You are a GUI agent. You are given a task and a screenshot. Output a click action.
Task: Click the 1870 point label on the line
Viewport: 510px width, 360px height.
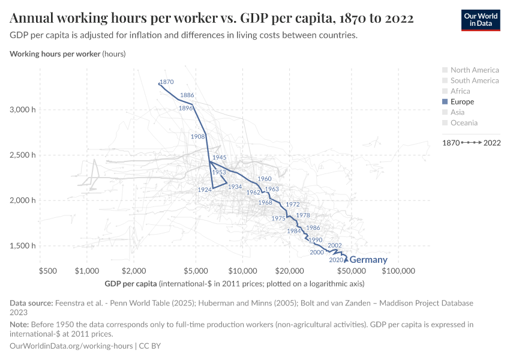coord(167,82)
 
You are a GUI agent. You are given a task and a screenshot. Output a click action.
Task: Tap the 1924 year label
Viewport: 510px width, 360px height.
coord(204,190)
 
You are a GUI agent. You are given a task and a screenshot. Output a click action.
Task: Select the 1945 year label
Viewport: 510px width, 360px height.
coord(219,157)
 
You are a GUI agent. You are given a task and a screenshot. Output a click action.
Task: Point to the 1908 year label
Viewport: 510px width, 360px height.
coord(197,137)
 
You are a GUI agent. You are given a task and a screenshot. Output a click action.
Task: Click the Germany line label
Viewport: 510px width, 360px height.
coord(368,260)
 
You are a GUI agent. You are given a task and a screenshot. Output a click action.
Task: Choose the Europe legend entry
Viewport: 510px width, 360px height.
coord(462,101)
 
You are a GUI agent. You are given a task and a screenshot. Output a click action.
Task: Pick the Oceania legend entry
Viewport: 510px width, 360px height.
coord(464,123)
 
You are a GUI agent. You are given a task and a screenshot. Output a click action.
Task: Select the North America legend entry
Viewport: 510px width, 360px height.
coord(474,70)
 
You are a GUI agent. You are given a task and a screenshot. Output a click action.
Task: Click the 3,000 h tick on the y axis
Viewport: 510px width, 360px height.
coord(23,110)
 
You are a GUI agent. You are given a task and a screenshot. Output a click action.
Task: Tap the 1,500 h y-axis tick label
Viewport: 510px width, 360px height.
coord(23,245)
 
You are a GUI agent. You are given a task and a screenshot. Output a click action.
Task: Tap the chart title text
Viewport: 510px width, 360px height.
coord(211,18)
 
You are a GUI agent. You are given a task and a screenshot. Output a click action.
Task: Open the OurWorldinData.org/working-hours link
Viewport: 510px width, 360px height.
coord(72,346)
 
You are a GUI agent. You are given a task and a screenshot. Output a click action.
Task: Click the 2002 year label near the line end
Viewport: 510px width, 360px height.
coord(335,245)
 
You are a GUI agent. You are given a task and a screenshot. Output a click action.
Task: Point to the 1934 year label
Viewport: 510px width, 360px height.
coord(235,187)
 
